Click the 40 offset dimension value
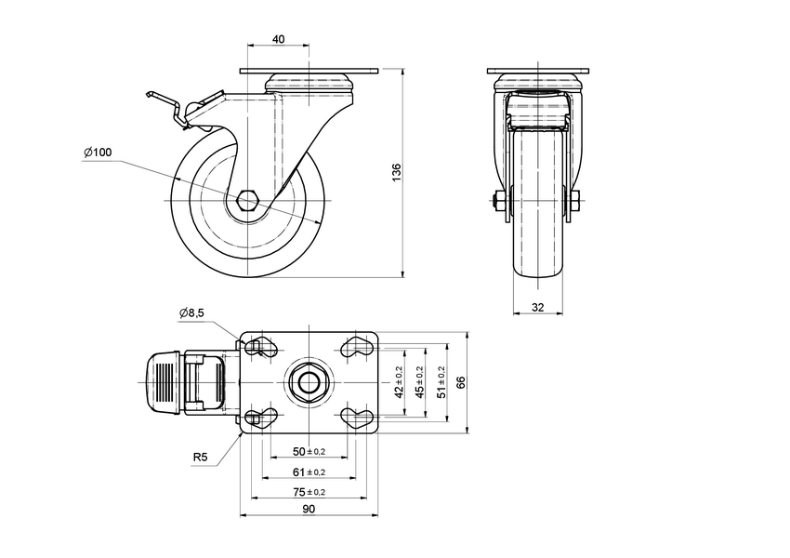pyautogui.click(x=279, y=39)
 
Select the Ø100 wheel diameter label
pyautogui.click(x=97, y=153)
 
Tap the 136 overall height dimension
pyautogui.click(x=396, y=172)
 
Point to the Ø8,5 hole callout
pyautogui.click(x=192, y=313)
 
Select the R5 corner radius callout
pyautogui.click(x=200, y=457)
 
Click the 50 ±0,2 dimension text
pyautogui.click(x=309, y=451)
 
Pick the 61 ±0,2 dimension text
pyautogui.click(x=309, y=472)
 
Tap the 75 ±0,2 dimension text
pyautogui.click(x=309, y=491)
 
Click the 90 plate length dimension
pyautogui.click(x=309, y=509)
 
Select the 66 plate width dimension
pyautogui.click(x=460, y=382)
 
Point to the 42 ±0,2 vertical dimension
pyautogui.click(x=400, y=382)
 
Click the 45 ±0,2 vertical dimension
pyautogui.click(x=420, y=382)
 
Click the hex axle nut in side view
pyautogui.click(x=249, y=201)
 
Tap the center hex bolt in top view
pyautogui.click(x=309, y=382)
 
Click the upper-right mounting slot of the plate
pyautogui.click(x=358, y=348)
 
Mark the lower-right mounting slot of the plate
pyautogui.click(x=358, y=416)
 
